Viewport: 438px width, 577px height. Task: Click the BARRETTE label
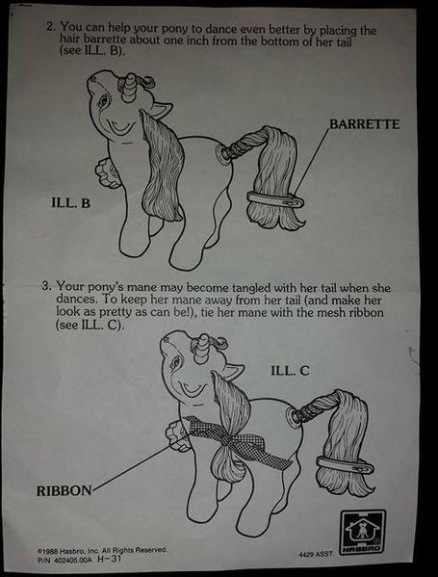pyautogui.click(x=364, y=124)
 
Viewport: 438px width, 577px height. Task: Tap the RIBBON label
pyautogui.click(x=64, y=490)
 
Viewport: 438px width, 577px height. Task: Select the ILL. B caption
pyautogui.click(x=70, y=202)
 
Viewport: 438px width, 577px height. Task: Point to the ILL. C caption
pyautogui.click(x=290, y=371)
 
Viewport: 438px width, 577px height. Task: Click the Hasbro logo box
pyautogui.click(x=362, y=532)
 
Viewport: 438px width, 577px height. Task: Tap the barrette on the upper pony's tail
pyautogui.click(x=275, y=199)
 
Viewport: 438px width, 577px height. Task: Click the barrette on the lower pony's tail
pyautogui.click(x=345, y=464)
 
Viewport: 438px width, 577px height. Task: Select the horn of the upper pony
pyautogui.click(x=130, y=88)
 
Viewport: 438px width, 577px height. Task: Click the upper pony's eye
pyautogui.click(x=103, y=100)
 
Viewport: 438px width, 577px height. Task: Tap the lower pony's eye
pyautogui.click(x=175, y=362)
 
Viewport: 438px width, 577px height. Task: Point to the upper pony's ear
pyautogui.click(x=161, y=110)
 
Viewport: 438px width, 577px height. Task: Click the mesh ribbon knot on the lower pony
pyautogui.click(x=231, y=440)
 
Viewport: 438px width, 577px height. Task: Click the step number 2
pyautogui.click(x=51, y=27)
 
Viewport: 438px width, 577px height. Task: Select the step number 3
pyautogui.click(x=46, y=286)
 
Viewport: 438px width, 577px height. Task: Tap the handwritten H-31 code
pyautogui.click(x=110, y=559)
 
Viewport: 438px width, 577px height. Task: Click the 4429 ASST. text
pyautogui.click(x=317, y=553)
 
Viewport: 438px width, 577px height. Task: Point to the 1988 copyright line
pyautogui.click(x=102, y=550)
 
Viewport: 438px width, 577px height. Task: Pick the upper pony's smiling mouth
pyautogui.click(x=120, y=127)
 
